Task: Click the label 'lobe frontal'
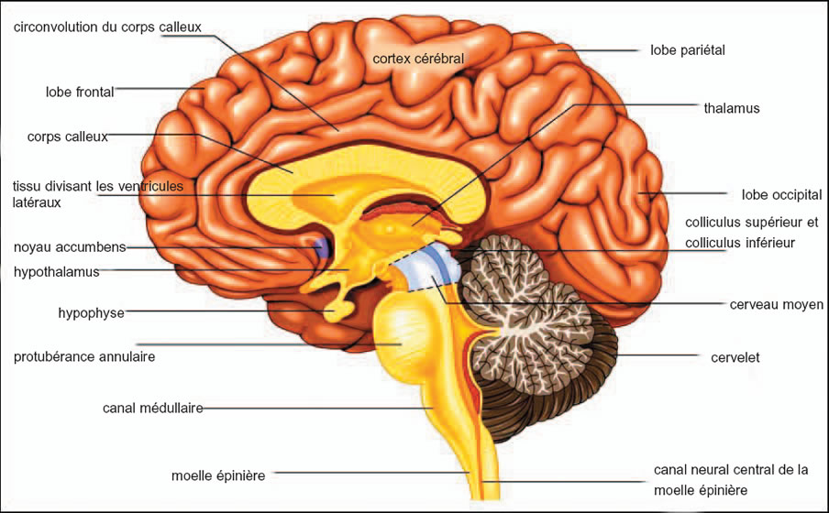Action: [x=80, y=92]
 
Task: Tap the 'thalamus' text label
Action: [x=732, y=108]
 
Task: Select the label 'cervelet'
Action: [x=735, y=357]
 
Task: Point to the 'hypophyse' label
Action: [x=91, y=313]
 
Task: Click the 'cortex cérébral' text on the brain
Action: [x=418, y=59]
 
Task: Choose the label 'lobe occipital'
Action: [x=781, y=195]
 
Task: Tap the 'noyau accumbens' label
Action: [x=70, y=246]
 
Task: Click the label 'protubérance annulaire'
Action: [x=84, y=356]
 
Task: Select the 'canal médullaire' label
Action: [x=153, y=408]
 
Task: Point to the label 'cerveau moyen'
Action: [x=776, y=305]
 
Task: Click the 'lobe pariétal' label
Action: [x=687, y=50]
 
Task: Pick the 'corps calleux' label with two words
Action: [x=67, y=136]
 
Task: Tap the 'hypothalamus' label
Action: [x=57, y=272]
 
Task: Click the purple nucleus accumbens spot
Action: [x=322, y=246]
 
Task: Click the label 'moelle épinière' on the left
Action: [x=218, y=475]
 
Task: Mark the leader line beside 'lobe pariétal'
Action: [x=598, y=50]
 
